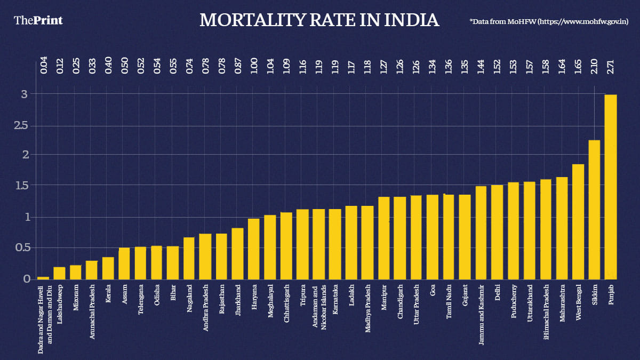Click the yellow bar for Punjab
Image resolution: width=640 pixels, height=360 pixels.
[611, 187]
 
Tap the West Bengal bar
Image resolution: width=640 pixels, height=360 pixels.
[578, 221]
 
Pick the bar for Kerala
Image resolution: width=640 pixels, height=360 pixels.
[108, 268]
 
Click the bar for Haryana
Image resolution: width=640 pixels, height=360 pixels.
[253, 249]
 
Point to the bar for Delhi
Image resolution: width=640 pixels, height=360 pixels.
[497, 231]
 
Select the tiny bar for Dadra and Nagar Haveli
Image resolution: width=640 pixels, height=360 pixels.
[43, 278]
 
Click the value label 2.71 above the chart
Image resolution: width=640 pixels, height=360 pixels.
[611, 69]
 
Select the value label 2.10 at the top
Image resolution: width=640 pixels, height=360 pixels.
[594, 69]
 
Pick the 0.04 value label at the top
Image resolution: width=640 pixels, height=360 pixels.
[44, 69]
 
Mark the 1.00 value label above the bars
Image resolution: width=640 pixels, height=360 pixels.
[254, 69]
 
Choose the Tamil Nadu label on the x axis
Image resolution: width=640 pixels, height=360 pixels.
[449, 305]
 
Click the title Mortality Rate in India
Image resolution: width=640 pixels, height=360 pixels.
[319, 20]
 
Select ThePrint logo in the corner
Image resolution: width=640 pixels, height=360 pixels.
[38, 20]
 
